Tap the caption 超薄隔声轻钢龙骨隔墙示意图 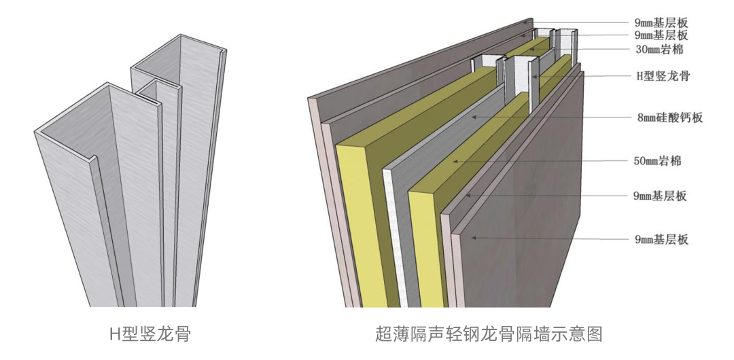tap(489, 334)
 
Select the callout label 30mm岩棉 tap(659, 50)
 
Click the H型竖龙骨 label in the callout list tap(663, 75)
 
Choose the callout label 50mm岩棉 tap(657, 161)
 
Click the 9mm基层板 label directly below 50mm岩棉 tap(660, 196)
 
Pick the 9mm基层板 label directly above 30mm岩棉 tap(661, 35)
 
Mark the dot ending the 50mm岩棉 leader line tap(454, 161)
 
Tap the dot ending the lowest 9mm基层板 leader tap(474, 238)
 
